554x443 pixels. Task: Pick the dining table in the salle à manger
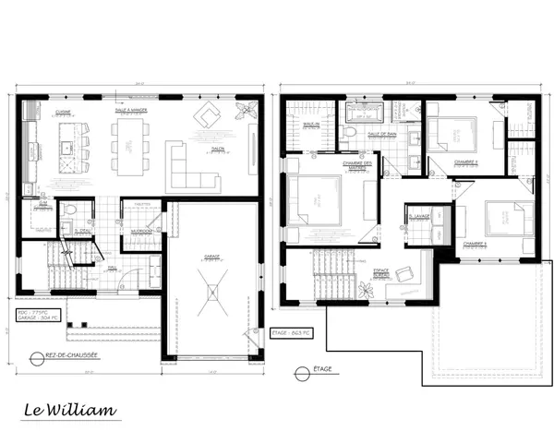[128, 146]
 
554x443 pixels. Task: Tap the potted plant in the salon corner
[245, 110]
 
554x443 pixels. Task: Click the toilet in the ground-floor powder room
[69, 210]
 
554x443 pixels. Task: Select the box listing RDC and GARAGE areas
[41, 316]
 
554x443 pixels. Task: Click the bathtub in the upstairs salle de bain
[368, 114]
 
